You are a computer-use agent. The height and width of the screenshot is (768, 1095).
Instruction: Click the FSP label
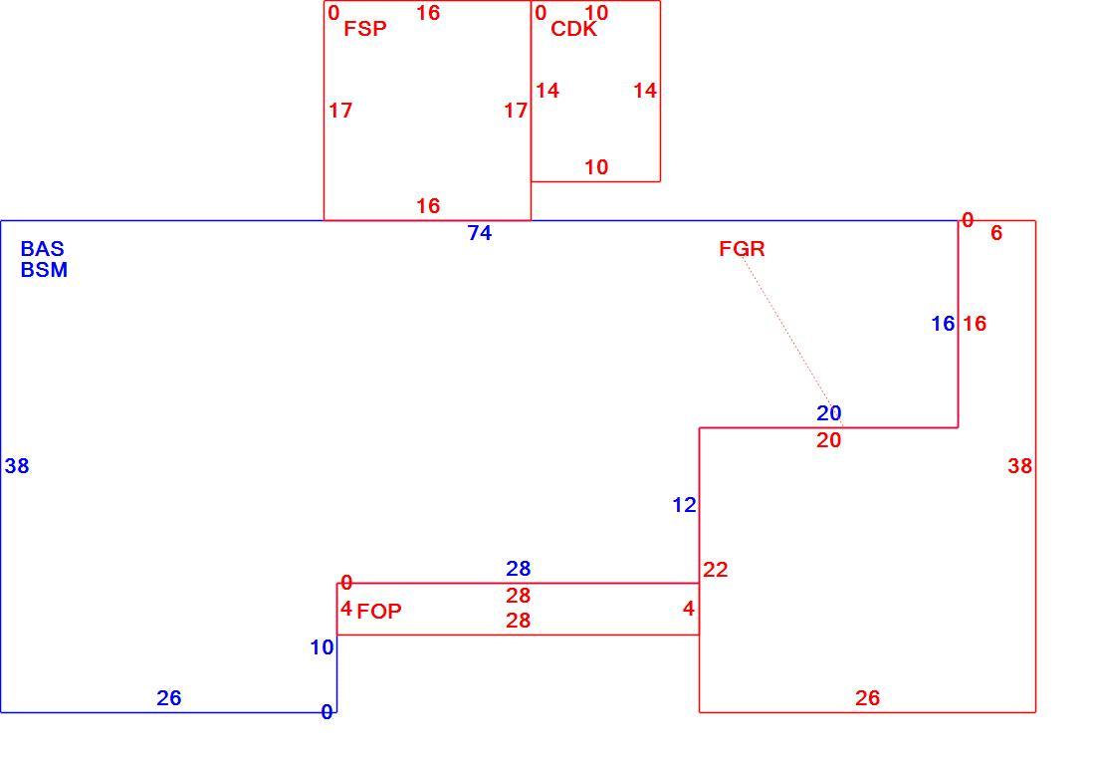pos(365,29)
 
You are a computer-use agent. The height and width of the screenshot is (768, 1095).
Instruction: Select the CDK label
pos(574,29)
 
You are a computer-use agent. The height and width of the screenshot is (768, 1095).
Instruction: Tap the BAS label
pos(43,249)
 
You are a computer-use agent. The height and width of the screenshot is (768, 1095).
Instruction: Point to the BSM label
pos(44,270)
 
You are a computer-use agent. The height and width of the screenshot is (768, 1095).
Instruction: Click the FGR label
pos(742,249)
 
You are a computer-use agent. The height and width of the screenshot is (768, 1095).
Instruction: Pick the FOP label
pos(379,612)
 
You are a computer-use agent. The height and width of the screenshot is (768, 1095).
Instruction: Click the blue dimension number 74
pos(480,233)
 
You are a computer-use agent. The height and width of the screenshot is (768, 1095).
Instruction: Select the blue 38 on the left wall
pos(17,466)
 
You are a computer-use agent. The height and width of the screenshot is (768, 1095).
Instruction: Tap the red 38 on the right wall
pos(1019,466)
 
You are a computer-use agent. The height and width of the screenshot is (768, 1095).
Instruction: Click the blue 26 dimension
pos(169,698)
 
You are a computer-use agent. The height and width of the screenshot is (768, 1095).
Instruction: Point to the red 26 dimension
pos(867,698)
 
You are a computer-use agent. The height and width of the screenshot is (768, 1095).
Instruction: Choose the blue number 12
pos(685,505)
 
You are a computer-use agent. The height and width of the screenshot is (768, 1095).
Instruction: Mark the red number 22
pos(715,570)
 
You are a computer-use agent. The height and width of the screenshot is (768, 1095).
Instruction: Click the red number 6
pos(996,233)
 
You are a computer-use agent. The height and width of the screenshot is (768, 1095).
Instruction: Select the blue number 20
pos(829,413)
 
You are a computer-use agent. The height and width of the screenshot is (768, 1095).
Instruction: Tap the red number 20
pos(829,440)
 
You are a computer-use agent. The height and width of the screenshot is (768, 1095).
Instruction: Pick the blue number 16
pos(943,324)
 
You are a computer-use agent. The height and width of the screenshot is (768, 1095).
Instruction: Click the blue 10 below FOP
pos(322,647)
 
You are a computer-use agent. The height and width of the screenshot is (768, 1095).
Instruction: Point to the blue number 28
pos(519,569)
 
